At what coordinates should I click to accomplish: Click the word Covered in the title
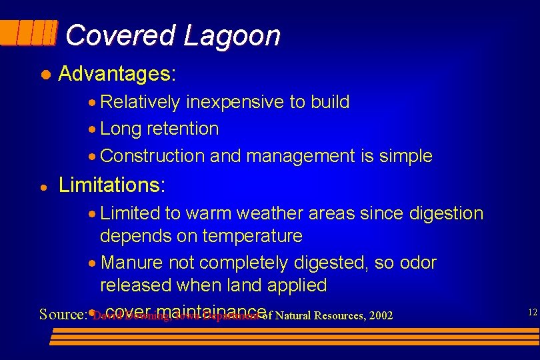point(120,35)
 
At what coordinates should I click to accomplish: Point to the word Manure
point(133,263)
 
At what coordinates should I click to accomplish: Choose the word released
point(135,285)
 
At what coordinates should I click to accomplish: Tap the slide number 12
point(531,312)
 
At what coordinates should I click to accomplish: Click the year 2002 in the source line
point(379,315)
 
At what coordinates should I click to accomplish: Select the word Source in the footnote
point(61,314)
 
